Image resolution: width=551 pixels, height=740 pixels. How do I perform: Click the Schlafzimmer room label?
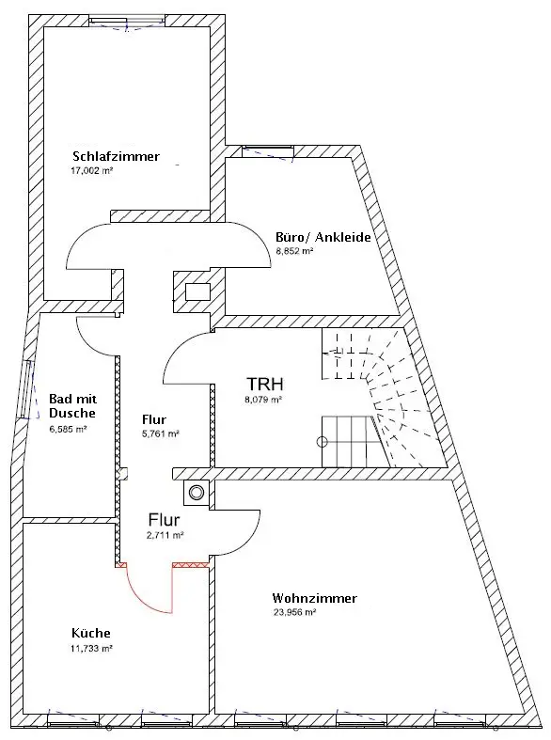click(116, 156)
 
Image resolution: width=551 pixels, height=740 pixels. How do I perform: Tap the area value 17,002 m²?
click(91, 171)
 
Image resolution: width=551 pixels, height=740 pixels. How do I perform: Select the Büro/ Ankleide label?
click(323, 237)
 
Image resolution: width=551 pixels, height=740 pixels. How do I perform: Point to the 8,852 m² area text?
click(294, 251)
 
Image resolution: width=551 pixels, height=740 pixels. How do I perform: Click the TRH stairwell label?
click(264, 385)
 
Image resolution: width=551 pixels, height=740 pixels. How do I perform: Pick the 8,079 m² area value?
click(262, 400)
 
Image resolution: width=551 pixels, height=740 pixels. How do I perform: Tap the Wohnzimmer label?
click(314, 598)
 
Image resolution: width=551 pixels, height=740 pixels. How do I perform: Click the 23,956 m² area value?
click(294, 612)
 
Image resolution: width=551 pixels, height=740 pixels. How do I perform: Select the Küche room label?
click(91, 633)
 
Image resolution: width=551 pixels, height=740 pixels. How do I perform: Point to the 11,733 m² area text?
click(91, 649)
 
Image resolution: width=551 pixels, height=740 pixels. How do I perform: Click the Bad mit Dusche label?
click(72, 406)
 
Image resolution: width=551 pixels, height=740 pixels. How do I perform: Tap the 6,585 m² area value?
click(68, 430)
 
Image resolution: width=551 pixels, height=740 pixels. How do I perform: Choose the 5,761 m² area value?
click(161, 433)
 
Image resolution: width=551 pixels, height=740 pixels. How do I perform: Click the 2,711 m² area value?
click(165, 535)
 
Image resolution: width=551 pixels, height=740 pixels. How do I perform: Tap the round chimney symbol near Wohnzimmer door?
click(196, 493)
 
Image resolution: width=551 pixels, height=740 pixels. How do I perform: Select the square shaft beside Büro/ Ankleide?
click(197, 292)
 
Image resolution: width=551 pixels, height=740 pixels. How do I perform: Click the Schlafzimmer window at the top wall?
click(127, 21)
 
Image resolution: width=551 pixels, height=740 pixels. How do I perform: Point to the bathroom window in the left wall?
click(27, 389)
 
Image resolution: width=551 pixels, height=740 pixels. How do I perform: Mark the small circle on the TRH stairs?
click(323, 442)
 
